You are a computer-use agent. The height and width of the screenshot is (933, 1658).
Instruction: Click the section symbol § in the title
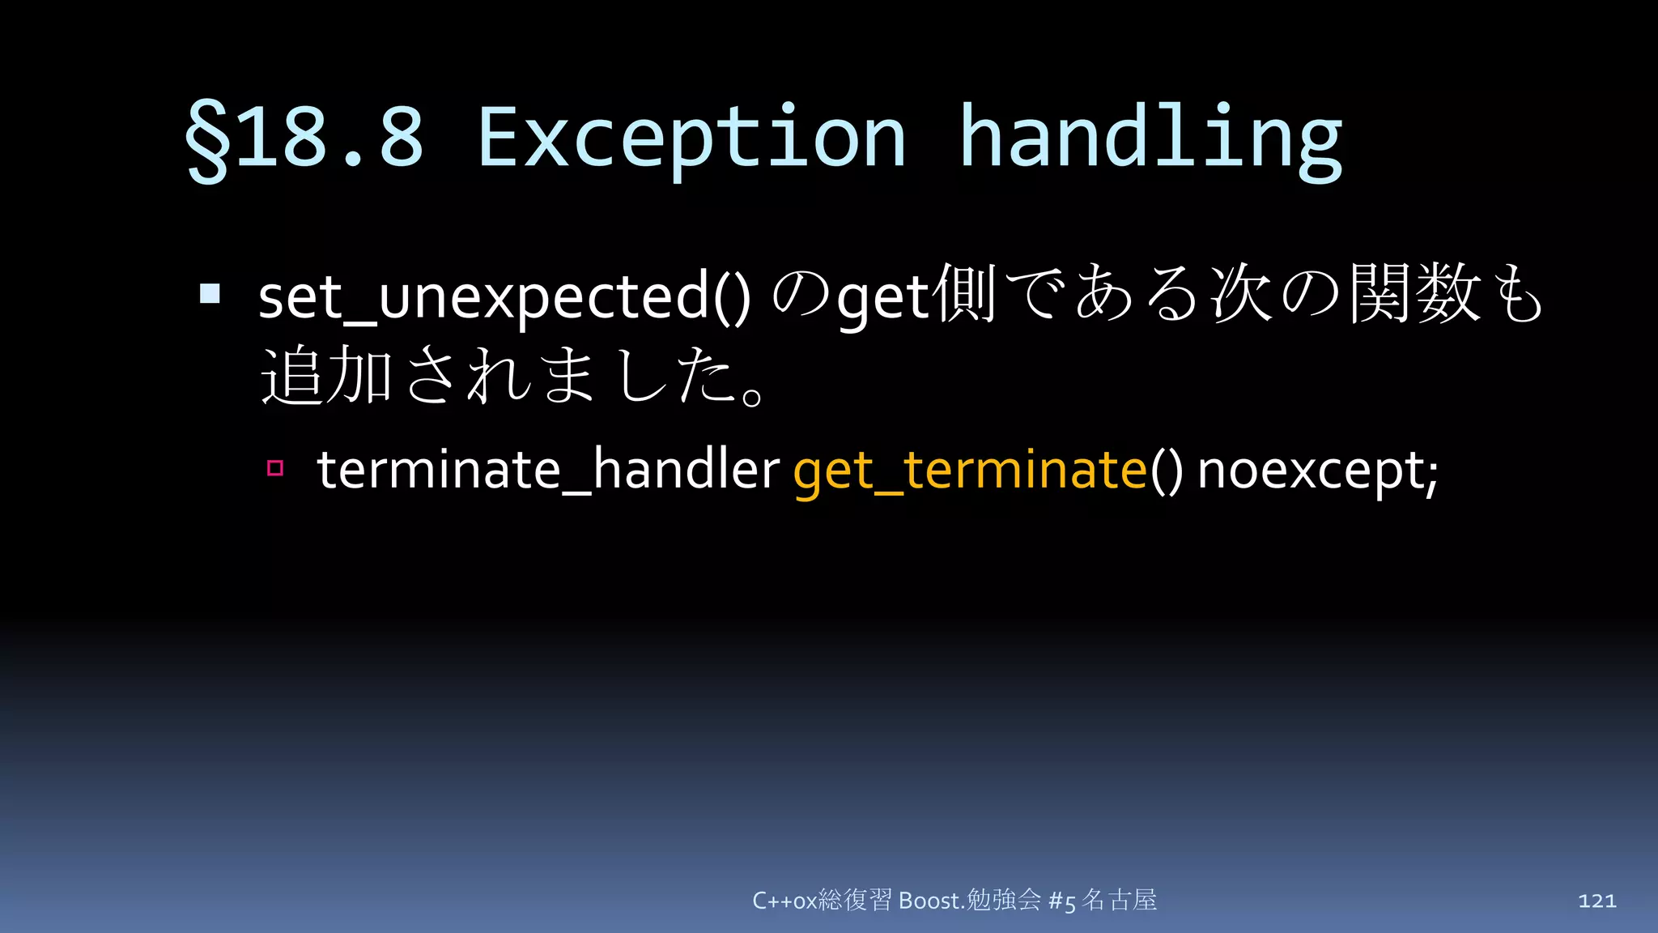[x=207, y=139]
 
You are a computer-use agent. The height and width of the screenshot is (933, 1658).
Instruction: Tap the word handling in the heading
[x=1150, y=139]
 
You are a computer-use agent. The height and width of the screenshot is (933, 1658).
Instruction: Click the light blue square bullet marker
[x=210, y=293]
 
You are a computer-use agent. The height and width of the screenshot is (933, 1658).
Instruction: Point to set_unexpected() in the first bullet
[x=504, y=297]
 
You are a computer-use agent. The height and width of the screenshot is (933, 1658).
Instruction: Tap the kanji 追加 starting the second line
[x=327, y=375]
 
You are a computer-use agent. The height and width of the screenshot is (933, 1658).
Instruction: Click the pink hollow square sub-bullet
[x=275, y=468]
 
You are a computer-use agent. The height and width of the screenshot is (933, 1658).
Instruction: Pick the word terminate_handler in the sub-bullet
[x=547, y=470]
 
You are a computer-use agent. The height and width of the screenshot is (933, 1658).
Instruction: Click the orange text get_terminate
[x=969, y=470]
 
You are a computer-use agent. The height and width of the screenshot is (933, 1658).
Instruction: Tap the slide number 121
[x=1596, y=901]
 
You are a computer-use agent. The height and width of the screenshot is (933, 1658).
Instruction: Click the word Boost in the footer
[x=929, y=901]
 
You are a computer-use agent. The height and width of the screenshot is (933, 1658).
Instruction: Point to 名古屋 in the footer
[x=1120, y=900]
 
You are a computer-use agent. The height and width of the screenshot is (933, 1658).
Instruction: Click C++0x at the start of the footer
[x=784, y=901]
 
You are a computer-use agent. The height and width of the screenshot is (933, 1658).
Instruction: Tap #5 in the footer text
[x=1061, y=901]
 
